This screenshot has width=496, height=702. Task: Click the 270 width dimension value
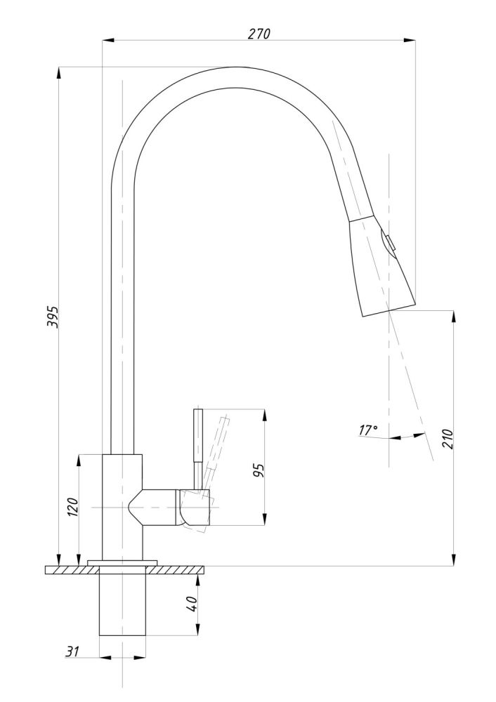tap(259, 34)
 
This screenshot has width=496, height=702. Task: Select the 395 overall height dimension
tap(53, 317)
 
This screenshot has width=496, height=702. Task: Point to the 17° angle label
tap(368, 430)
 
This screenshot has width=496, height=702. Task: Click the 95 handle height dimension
tap(259, 470)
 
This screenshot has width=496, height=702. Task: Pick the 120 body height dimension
tap(73, 507)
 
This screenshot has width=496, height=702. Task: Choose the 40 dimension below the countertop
tap(191, 604)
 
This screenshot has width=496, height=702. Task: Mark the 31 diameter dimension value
tap(72, 651)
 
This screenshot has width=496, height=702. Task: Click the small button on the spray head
tap(387, 244)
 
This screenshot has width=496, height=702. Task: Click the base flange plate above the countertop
tap(122, 562)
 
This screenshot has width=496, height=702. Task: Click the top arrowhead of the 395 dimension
tap(59, 74)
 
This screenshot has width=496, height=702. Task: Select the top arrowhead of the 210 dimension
tap(455, 317)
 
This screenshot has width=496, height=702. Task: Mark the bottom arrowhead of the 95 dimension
tap(264, 519)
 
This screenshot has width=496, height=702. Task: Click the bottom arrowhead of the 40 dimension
tap(197, 628)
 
